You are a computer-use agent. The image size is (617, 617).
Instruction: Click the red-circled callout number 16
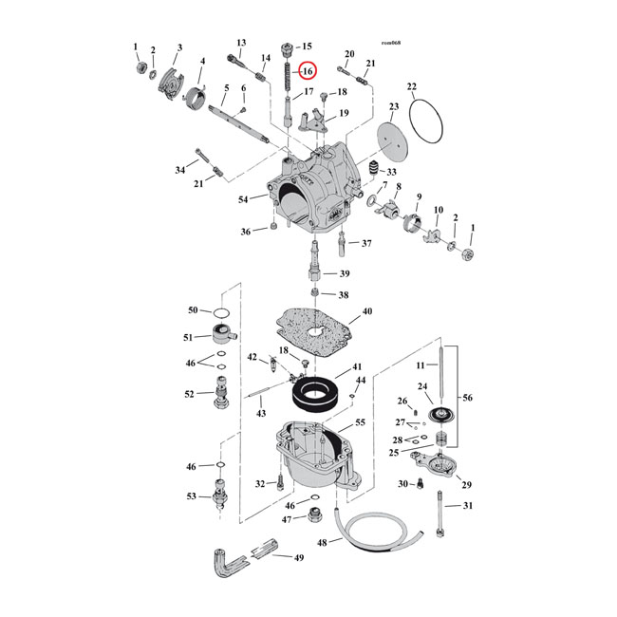click(x=307, y=71)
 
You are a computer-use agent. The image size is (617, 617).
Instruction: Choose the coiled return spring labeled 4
click(x=196, y=96)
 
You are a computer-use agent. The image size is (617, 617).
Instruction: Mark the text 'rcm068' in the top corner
click(x=389, y=43)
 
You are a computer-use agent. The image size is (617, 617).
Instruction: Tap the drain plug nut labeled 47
click(x=311, y=518)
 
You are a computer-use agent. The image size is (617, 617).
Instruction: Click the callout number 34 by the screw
click(x=179, y=170)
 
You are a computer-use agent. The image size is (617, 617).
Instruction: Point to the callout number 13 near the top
click(x=241, y=43)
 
